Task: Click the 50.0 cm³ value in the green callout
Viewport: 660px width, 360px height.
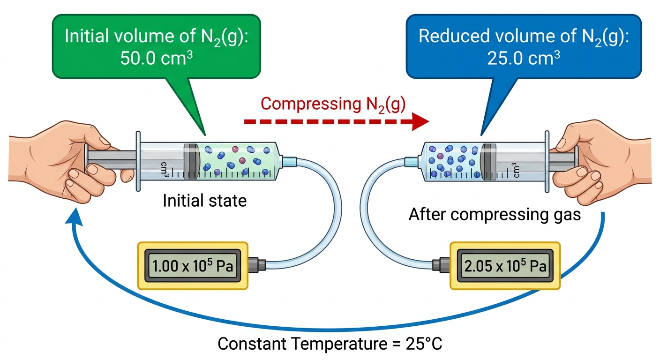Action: tap(157, 58)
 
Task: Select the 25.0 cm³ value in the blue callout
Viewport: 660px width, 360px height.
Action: tap(523, 58)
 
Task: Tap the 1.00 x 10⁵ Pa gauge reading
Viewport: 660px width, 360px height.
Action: tap(193, 266)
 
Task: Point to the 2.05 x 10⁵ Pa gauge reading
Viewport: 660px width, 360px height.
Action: tap(505, 266)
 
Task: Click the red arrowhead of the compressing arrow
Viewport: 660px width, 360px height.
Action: tap(420, 121)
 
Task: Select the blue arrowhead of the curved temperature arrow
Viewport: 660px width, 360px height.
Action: tap(74, 217)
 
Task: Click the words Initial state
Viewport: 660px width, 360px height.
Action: tap(205, 201)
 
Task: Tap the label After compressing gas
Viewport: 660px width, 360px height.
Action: tap(495, 215)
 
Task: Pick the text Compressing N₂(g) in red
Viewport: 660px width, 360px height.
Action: tap(333, 105)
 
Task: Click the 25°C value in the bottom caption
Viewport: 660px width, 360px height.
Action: tap(424, 344)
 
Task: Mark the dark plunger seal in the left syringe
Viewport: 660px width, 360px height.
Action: tap(192, 161)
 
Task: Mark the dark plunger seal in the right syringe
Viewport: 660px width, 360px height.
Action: tap(488, 162)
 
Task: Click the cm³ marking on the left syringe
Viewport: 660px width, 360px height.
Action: tap(165, 169)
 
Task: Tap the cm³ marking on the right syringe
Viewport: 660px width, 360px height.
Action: tap(516, 170)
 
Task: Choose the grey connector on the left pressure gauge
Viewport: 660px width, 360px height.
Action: tap(257, 264)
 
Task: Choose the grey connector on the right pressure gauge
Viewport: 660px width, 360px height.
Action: tap(441, 264)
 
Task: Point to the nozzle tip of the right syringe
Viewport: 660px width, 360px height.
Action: tap(411, 162)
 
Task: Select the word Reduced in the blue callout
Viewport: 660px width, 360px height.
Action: tap(453, 36)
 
